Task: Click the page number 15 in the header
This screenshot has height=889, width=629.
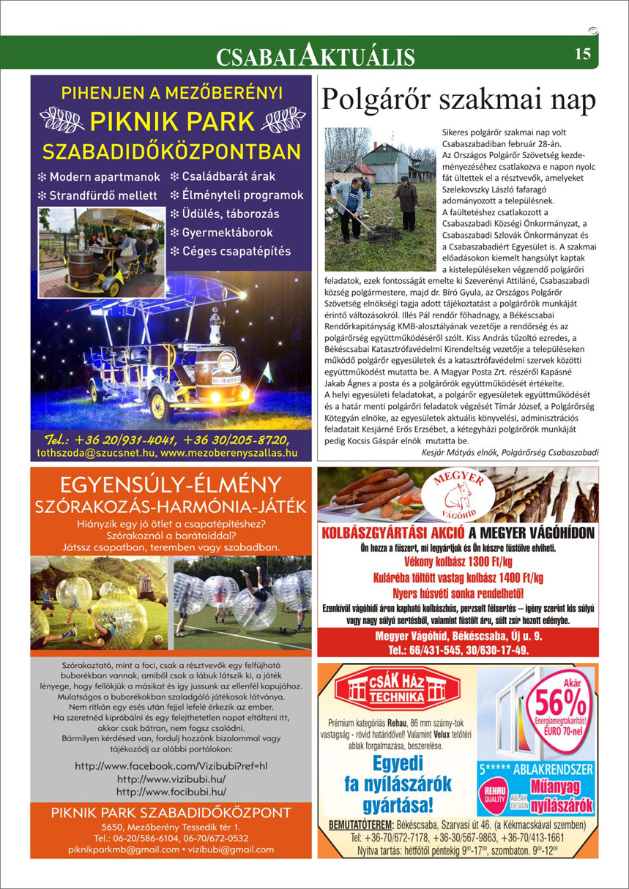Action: pos(583,53)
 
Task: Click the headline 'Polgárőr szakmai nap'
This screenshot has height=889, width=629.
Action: pos(458,99)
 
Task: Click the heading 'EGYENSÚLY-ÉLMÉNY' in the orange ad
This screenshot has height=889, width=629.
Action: pos(171,484)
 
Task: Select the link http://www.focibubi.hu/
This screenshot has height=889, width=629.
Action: pos(171,792)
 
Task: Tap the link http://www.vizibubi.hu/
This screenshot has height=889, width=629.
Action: pos(171,779)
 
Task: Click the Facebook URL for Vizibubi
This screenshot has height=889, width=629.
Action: pos(171,766)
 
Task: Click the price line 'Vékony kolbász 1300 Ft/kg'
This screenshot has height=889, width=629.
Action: pos(458,563)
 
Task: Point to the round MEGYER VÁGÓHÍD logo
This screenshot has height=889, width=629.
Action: pos(458,494)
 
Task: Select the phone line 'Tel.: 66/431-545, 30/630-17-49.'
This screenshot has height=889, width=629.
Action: pos(458,649)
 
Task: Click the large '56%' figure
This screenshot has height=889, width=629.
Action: pos(560,704)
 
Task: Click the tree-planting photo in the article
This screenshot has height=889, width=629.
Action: pos(381,199)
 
